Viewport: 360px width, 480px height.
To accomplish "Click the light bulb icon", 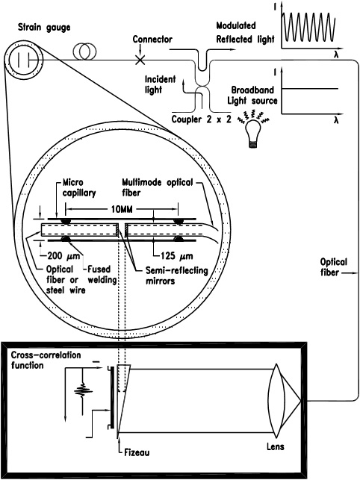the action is click(253, 134).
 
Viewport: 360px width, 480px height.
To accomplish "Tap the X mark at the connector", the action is click(140, 60).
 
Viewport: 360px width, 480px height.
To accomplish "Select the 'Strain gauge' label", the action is click(44, 27).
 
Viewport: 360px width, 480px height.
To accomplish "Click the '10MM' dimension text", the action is click(122, 209).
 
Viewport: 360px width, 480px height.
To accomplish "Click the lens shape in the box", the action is click(276, 400).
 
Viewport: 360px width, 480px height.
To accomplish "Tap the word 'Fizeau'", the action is click(137, 452).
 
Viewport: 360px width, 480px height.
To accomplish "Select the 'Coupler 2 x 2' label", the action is click(202, 119).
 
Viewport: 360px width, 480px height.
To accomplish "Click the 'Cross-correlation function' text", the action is click(46, 360).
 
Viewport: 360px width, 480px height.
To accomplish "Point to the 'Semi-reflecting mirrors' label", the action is click(176, 275).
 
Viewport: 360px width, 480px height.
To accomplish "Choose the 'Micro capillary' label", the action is click(79, 187).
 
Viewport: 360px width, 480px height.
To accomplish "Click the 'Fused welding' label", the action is click(102, 275).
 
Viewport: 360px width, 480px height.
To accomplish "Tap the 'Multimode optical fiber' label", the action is click(157, 187).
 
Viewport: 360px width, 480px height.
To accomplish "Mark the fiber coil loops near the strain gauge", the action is click(84, 51).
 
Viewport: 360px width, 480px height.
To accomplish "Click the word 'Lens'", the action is click(275, 446).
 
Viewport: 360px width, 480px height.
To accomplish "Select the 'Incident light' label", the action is click(160, 84).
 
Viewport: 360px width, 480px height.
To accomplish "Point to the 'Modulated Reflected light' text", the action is click(245, 32).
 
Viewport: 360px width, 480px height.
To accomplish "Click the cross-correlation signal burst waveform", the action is click(83, 390).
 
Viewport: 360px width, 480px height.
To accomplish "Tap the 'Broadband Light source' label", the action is click(252, 96).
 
